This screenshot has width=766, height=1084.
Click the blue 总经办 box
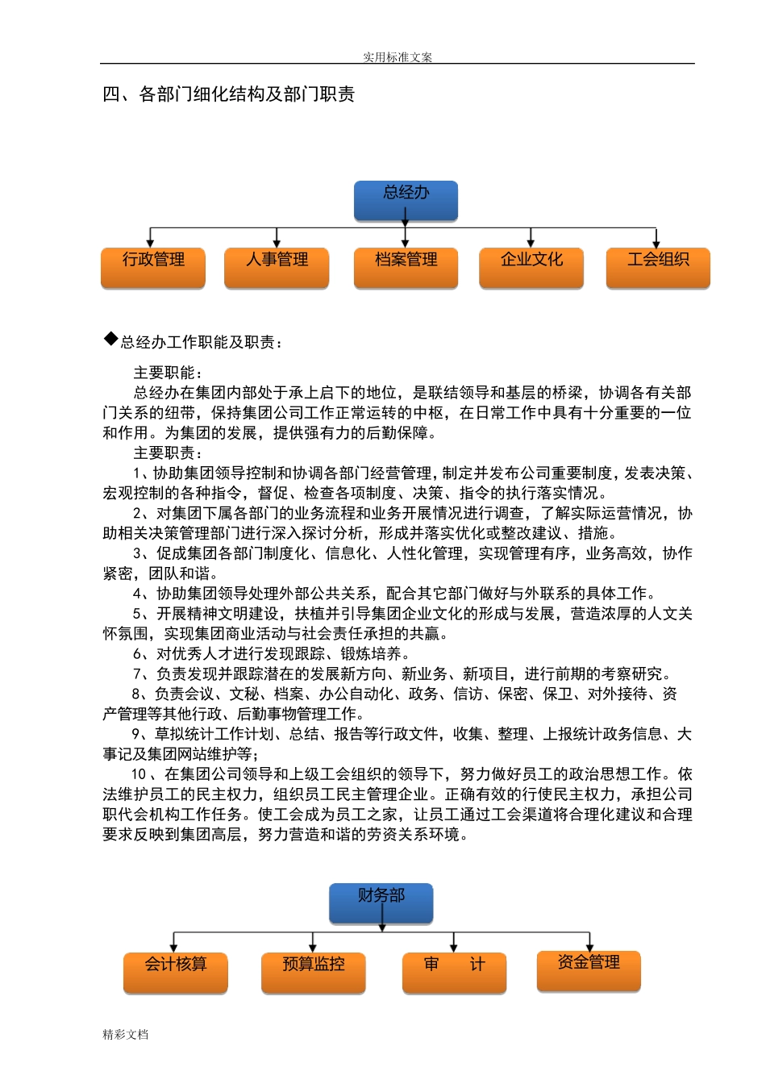pyautogui.click(x=406, y=200)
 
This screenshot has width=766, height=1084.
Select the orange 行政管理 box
pyautogui.click(x=153, y=267)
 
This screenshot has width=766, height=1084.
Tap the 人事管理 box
pyautogui.click(x=277, y=267)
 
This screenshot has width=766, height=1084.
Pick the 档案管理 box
pyautogui.click(x=406, y=267)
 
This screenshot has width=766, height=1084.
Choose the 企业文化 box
pyautogui.click(x=531, y=267)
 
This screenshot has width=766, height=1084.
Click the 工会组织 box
pyautogui.click(x=658, y=267)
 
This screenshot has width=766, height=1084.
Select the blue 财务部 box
pyautogui.click(x=381, y=903)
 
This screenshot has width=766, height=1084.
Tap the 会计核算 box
pyautogui.click(x=175, y=972)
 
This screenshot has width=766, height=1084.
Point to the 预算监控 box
pyautogui.click(x=313, y=972)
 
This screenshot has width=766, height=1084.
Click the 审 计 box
pyautogui.click(x=454, y=972)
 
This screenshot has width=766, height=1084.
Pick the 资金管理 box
pyautogui.click(x=589, y=970)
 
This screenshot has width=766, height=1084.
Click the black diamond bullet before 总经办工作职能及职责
pyautogui.click(x=110, y=339)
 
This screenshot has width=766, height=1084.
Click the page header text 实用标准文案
pyautogui.click(x=398, y=57)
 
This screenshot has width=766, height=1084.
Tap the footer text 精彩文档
pyautogui.click(x=126, y=1034)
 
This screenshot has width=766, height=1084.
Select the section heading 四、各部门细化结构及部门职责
pyautogui.click(x=229, y=94)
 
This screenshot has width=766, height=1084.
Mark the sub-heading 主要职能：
pyautogui.click(x=169, y=373)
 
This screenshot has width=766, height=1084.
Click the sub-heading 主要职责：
pyautogui.click(x=169, y=452)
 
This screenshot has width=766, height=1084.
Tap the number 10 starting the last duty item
pyautogui.click(x=139, y=774)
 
